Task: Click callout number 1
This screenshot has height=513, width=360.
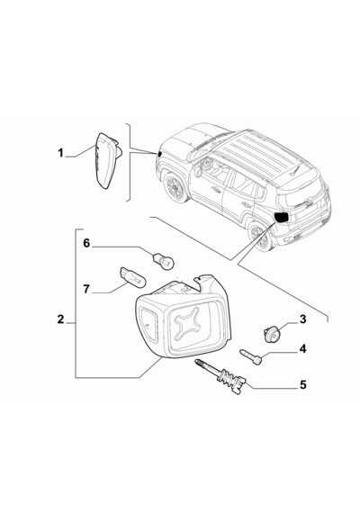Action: click(x=60, y=153)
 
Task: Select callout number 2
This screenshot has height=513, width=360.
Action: click(x=60, y=319)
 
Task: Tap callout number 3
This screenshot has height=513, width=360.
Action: click(x=302, y=319)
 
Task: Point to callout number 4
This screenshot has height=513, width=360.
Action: click(x=303, y=349)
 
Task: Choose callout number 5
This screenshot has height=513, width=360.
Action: click(x=303, y=385)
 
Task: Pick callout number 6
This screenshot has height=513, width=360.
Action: click(x=86, y=243)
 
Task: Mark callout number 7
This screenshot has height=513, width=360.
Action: click(x=86, y=289)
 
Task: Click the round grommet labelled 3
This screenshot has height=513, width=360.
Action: click(x=270, y=333)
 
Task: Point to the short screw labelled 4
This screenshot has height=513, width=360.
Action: click(x=251, y=356)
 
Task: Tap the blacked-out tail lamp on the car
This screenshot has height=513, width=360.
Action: click(x=282, y=217)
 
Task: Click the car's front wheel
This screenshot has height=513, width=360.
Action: click(x=175, y=188)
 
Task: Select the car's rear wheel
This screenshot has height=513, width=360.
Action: click(x=260, y=237)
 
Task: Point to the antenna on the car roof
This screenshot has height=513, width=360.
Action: click(x=294, y=170)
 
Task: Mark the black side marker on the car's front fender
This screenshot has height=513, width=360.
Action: click(x=159, y=154)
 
